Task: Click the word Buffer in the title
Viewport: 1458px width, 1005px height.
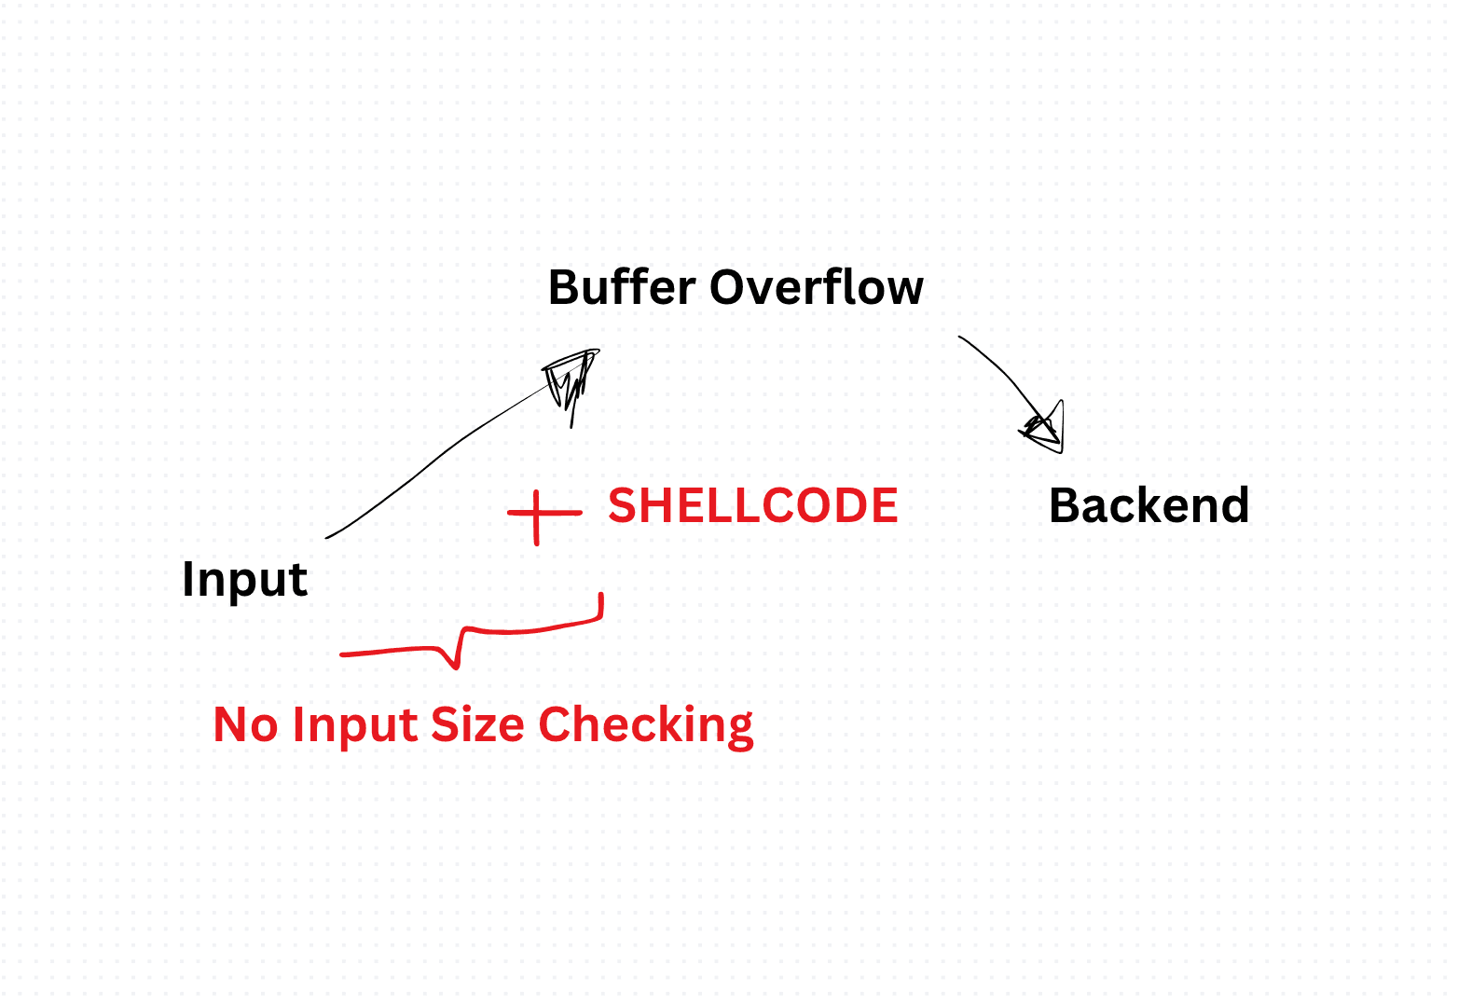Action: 622,287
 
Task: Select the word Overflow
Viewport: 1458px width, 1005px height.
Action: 817,287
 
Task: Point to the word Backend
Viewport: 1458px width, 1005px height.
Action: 1149,505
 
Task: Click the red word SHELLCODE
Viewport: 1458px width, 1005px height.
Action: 753,505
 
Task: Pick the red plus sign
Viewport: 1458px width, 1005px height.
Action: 544,516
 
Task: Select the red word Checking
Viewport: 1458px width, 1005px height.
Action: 646,725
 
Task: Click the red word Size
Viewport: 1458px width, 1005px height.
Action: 477,723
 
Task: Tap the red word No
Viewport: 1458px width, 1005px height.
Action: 245,723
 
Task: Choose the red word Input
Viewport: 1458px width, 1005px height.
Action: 355,725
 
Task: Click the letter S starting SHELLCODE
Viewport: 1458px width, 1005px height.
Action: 622,505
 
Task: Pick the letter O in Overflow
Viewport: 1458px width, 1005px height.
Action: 727,287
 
